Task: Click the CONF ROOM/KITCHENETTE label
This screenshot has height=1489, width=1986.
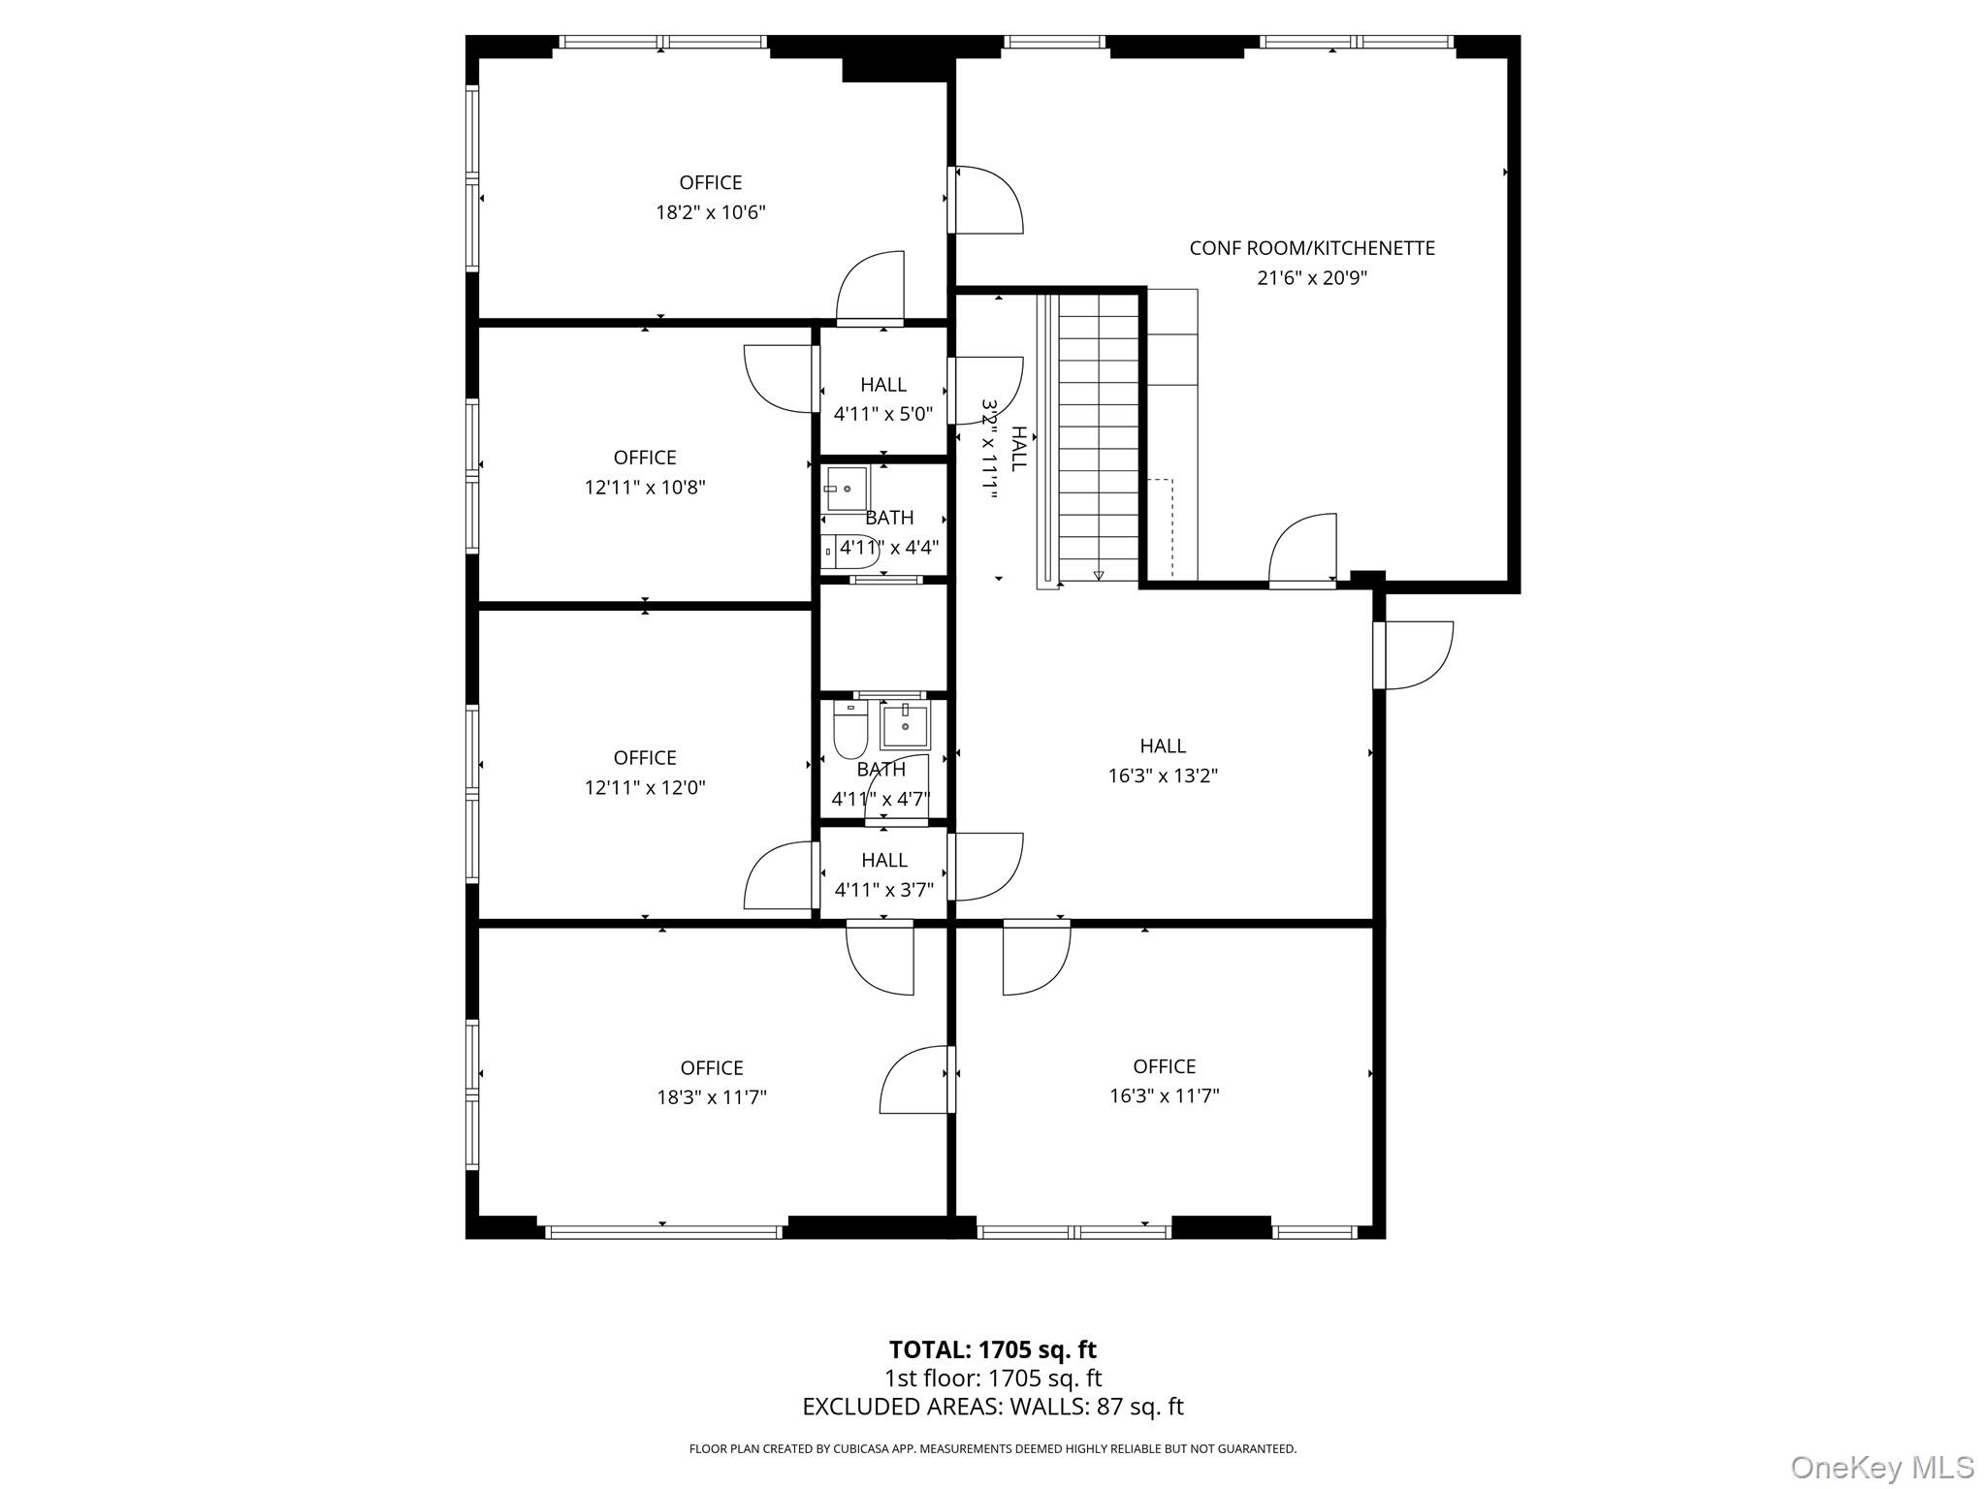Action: tap(1311, 248)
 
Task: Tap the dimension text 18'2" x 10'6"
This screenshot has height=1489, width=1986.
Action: tap(711, 212)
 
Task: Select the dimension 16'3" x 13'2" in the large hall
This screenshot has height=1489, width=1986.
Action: tap(1163, 776)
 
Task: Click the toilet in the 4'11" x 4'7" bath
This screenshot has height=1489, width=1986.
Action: tap(850, 732)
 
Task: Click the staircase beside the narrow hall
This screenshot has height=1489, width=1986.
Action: tap(1097, 436)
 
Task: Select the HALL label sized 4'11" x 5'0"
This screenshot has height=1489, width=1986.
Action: tap(882, 385)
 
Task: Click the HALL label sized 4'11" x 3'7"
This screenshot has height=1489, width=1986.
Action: tap(883, 860)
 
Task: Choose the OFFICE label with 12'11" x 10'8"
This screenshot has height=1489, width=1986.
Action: tap(645, 458)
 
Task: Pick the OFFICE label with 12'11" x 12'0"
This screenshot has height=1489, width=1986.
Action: tap(645, 758)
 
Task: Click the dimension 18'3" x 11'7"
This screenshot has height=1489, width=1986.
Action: tap(711, 1097)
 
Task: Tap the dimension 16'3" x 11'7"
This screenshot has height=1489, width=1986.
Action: tap(1164, 1095)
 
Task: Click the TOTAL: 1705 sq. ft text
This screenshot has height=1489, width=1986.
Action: tap(992, 1349)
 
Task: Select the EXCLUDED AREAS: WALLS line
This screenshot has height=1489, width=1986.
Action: tap(992, 1407)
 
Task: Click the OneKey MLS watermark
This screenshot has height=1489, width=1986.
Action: tap(1881, 1467)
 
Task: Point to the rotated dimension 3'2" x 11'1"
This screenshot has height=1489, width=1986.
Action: tap(989, 448)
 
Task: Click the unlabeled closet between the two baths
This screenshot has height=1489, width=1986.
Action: tap(882, 637)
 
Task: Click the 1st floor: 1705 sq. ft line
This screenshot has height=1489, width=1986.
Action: tap(992, 1378)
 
